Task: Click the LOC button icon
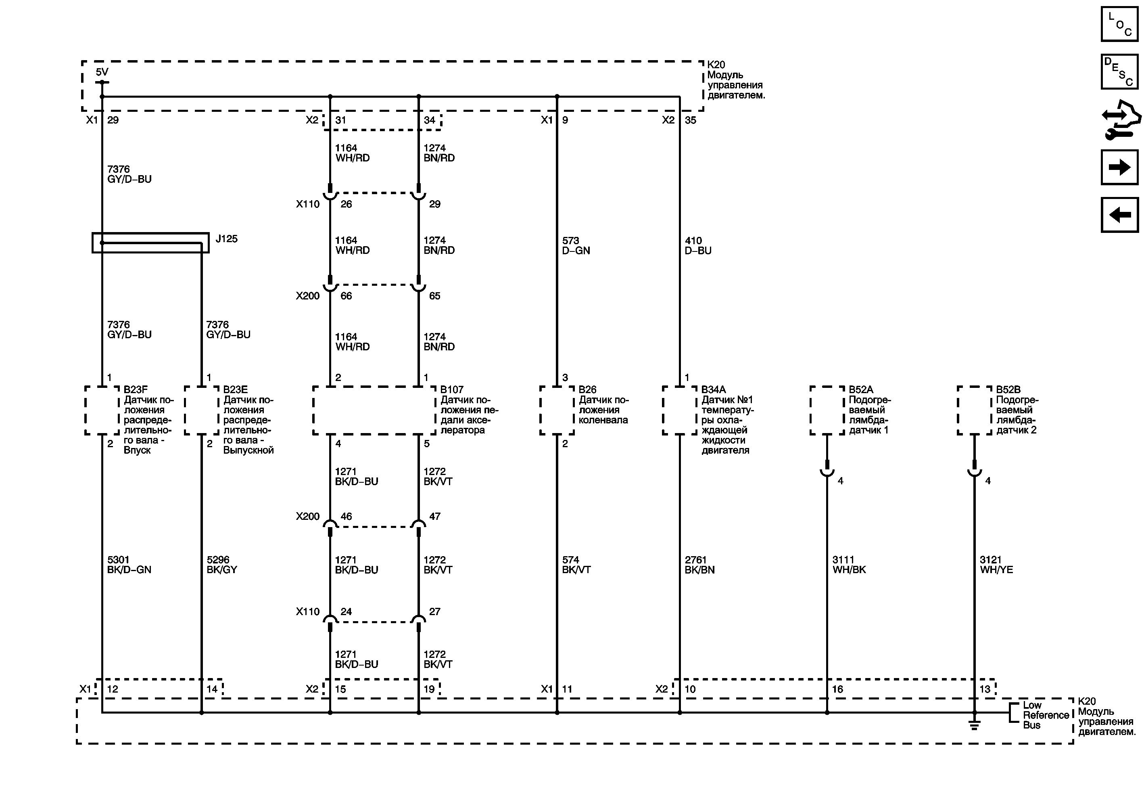click(x=1119, y=24)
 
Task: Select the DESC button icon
click(x=1119, y=72)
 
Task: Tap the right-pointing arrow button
click(x=1119, y=167)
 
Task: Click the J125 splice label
click(x=226, y=239)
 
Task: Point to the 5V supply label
click(x=102, y=72)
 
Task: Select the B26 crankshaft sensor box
click(x=557, y=410)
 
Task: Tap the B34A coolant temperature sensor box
click(x=679, y=410)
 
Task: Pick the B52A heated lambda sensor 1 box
click(x=827, y=410)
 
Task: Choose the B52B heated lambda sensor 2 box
click(x=974, y=410)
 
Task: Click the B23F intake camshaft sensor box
click(x=102, y=410)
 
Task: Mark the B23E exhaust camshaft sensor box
click(x=201, y=410)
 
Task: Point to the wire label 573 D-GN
click(x=576, y=246)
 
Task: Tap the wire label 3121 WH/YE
click(x=996, y=565)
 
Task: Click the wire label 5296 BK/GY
click(x=222, y=565)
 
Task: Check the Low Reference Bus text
click(x=1045, y=715)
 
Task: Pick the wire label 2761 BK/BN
click(x=699, y=565)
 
